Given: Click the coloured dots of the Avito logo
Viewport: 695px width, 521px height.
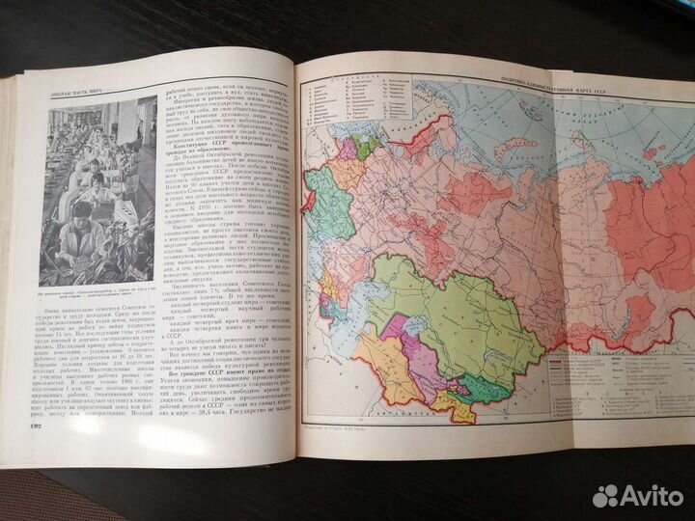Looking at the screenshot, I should tap(606, 495).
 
